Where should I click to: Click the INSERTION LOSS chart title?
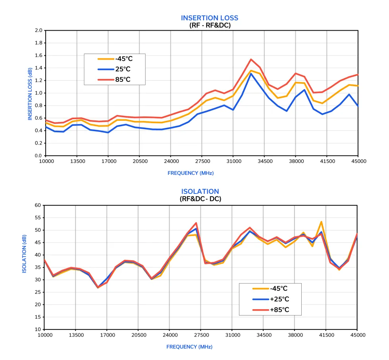click(210, 18)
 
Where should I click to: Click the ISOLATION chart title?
click(200, 191)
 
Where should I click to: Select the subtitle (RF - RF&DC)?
click(210, 25)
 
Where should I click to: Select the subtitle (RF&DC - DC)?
click(200, 199)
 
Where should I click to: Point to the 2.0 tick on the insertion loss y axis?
click(38, 30)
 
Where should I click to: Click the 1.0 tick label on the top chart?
click(38, 93)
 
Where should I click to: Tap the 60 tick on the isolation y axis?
click(38, 205)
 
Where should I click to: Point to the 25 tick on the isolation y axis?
click(38, 292)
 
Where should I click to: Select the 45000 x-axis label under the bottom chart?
click(358, 335)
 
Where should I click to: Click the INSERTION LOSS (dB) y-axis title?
click(30, 94)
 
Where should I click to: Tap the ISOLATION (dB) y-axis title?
click(24, 253)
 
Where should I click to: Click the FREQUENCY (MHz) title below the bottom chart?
click(189, 346)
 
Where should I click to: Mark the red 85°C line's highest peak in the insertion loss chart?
click(251, 59)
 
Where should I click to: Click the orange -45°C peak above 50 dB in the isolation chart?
click(321, 222)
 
